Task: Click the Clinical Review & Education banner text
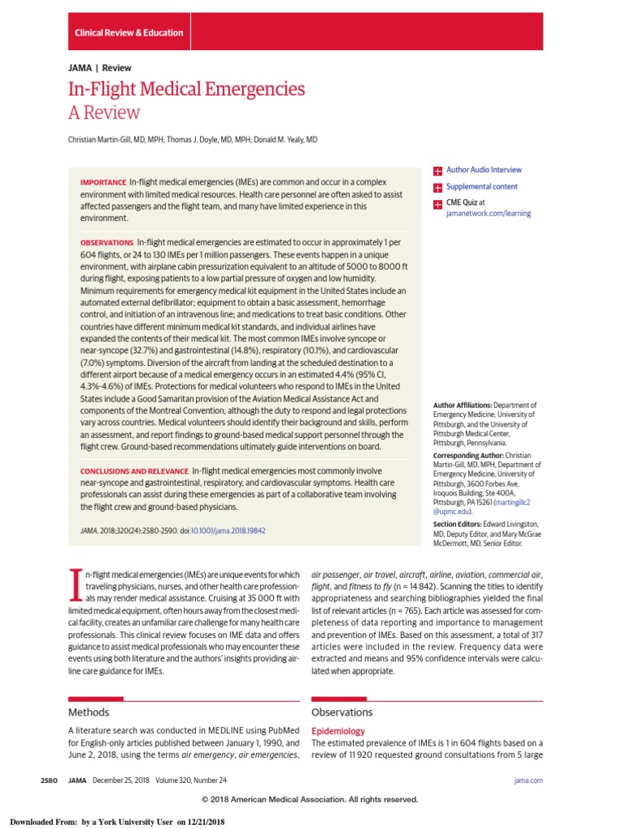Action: click(129, 33)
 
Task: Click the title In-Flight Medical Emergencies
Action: click(186, 89)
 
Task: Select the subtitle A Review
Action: click(104, 113)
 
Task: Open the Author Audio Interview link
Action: click(484, 170)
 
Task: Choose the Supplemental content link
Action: click(482, 187)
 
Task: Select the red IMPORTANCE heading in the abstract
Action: click(103, 183)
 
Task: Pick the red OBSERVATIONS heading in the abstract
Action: click(107, 243)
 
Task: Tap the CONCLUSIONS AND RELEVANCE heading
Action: click(134, 471)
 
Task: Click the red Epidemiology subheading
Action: click(338, 731)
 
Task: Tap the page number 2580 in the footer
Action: click(49, 780)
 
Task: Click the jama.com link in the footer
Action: click(528, 780)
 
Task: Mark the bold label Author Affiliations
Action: click(461, 405)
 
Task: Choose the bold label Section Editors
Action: click(458, 525)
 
